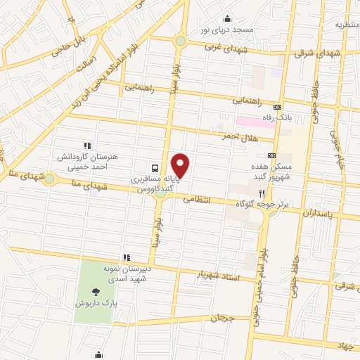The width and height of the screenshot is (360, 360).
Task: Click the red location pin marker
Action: pyautogui.click(x=181, y=166)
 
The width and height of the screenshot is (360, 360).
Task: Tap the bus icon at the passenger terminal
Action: pyautogui.click(x=153, y=167)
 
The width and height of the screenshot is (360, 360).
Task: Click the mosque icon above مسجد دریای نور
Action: pyautogui.click(x=226, y=20)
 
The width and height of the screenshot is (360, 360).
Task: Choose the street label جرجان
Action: pyautogui.click(x=219, y=319)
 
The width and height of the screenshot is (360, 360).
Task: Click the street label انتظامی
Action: pyautogui.click(x=198, y=199)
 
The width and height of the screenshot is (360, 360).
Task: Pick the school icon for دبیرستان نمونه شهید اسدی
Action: pyautogui.click(x=127, y=257)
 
